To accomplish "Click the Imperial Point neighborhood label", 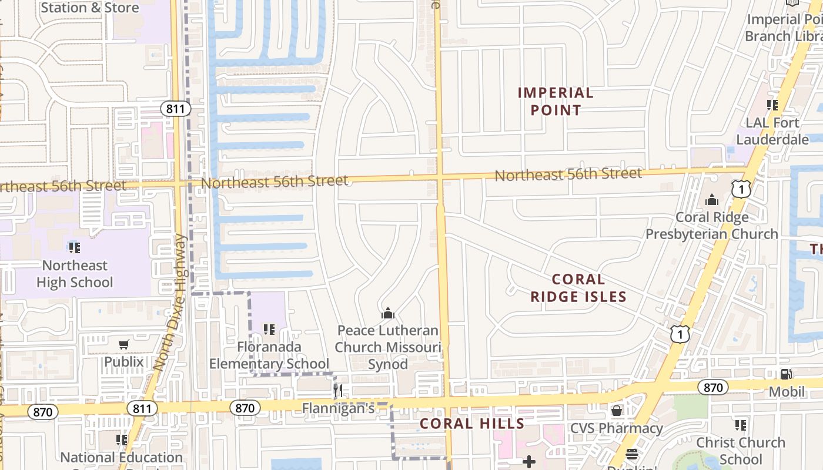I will [556, 101].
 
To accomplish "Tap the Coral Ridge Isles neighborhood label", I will [578, 288].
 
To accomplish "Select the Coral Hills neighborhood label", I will [472, 424].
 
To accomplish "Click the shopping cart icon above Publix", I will [123, 345].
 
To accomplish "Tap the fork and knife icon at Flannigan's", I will [338, 391].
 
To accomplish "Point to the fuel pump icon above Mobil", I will [785, 374].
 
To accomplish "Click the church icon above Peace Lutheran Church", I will [387, 313].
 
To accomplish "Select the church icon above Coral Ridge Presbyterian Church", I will [712, 200].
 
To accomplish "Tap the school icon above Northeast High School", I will [74, 248].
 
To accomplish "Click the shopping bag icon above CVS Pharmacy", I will [616, 411].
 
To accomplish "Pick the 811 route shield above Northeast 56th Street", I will [175, 108].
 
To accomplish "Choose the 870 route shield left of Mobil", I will [712, 387].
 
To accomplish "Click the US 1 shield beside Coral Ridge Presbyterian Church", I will [741, 189].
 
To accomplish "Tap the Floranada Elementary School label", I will [269, 355].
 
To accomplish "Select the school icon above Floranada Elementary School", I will [269, 330].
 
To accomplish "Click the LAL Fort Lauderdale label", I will [772, 131].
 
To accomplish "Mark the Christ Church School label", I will [741, 451].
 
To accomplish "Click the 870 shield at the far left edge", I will [42, 412].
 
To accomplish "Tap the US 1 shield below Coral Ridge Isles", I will [679, 334].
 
